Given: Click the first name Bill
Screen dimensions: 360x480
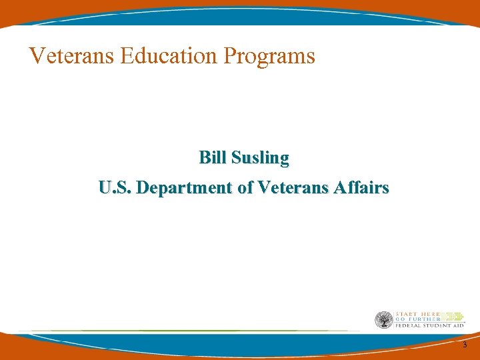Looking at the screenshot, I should [213, 158].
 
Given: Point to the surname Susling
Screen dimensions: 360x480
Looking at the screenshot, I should [260, 159].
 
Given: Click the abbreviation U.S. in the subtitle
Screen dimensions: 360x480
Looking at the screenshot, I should [114, 188].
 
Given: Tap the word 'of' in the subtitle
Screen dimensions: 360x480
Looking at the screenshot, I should [244, 188].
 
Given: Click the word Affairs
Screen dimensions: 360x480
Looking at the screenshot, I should [363, 188].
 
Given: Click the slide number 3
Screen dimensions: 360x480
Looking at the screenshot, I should [465, 345].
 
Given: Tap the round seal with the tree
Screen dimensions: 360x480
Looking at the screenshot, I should [384, 320].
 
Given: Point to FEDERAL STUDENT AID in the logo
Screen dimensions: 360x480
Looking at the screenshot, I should [429, 325].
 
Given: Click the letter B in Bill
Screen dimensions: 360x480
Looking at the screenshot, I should [204, 158].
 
